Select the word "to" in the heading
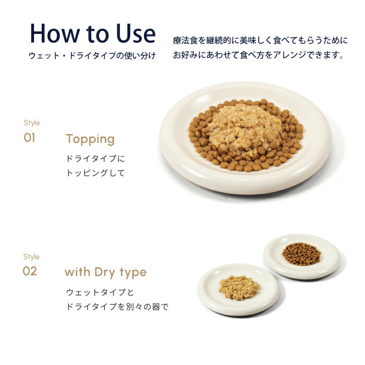coord(96,34)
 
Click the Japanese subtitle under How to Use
coord(92,55)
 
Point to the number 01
coord(30,138)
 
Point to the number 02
coord(30,272)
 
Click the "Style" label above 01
coord(31,123)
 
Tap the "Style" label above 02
coord(31,257)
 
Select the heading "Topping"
coord(90,139)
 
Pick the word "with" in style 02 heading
coord(77,272)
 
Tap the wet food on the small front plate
coord(238,287)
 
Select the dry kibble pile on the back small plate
coord(301,253)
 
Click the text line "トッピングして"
coord(95,173)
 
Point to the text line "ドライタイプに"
coord(95,159)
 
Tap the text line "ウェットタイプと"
coord(100,292)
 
